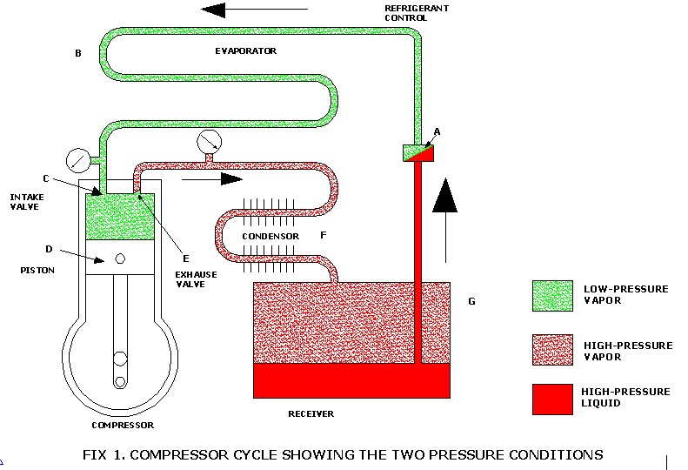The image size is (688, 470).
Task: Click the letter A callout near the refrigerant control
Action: [x=437, y=131]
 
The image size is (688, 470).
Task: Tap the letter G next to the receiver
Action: [x=471, y=301]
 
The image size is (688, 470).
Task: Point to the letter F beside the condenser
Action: [x=323, y=235]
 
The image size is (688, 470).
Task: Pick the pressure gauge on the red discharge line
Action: [x=209, y=140]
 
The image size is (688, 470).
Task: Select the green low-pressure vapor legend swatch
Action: [x=551, y=296]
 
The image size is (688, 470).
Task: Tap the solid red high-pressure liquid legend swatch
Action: [x=551, y=399]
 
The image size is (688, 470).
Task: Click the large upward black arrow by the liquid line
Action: [x=445, y=216]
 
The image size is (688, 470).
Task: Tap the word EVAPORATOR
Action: [x=245, y=50]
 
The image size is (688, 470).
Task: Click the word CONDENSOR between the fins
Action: [x=271, y=236]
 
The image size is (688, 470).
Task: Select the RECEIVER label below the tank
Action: [x=311, y=413]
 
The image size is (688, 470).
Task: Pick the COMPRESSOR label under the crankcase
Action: [x=123, y=425]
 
